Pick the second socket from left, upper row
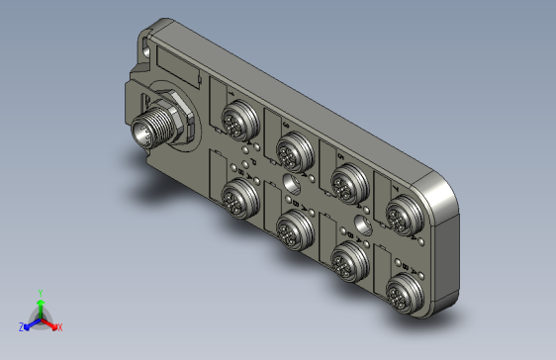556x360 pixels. (291, 150)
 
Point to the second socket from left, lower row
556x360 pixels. (291, 224)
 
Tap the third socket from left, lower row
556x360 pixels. (345, 259)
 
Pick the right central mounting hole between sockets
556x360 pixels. (364, 227)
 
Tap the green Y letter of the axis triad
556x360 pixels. (40, 293)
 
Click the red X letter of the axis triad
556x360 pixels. (59, 326)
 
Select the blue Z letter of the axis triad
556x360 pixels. (21, 326)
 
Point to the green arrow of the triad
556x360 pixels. (40, 307)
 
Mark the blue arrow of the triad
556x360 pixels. (31, 322)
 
